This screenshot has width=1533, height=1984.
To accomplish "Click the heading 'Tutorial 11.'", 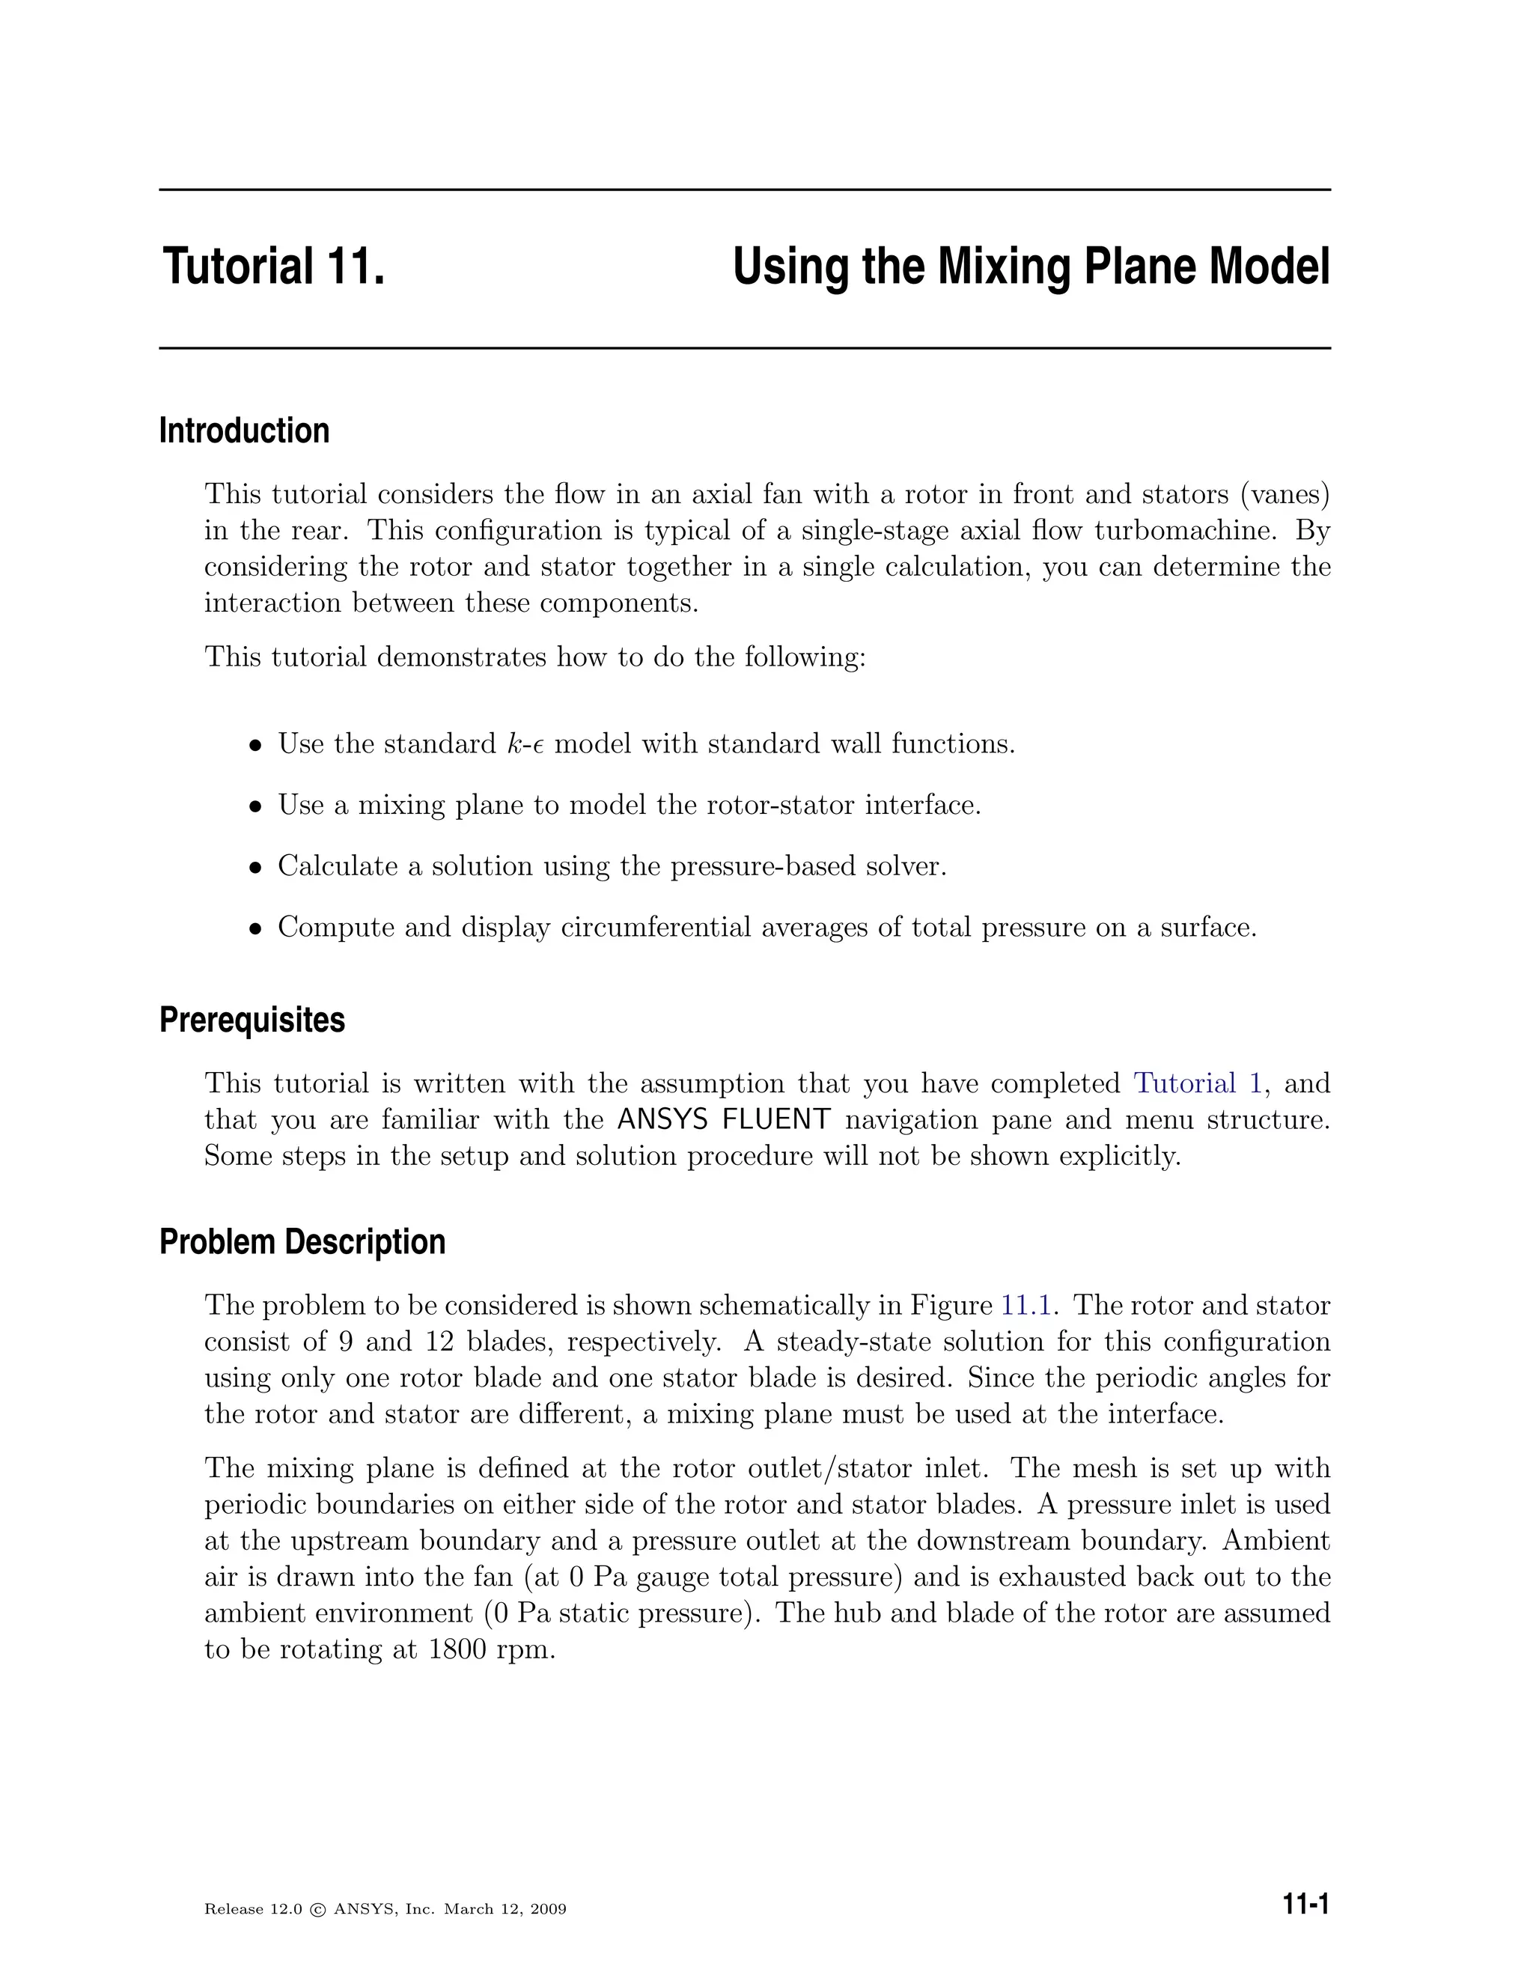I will click(x=274, y=267).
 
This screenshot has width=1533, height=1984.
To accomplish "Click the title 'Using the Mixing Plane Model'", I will click(x=1030, y=267).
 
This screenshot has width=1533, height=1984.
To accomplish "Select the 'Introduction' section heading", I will click(x=243, y=430).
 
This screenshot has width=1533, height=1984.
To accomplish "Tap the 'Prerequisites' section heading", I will click(x=252, y=1020).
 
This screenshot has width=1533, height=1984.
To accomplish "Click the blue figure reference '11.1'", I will click(x=1025, y=1306).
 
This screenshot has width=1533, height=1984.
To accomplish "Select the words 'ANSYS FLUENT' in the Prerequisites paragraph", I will click(x=723, y=1120).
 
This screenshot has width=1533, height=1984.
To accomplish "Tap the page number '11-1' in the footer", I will click(x=1305, y=1904).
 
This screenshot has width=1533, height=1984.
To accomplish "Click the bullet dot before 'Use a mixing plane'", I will click(x=256, y=806).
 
